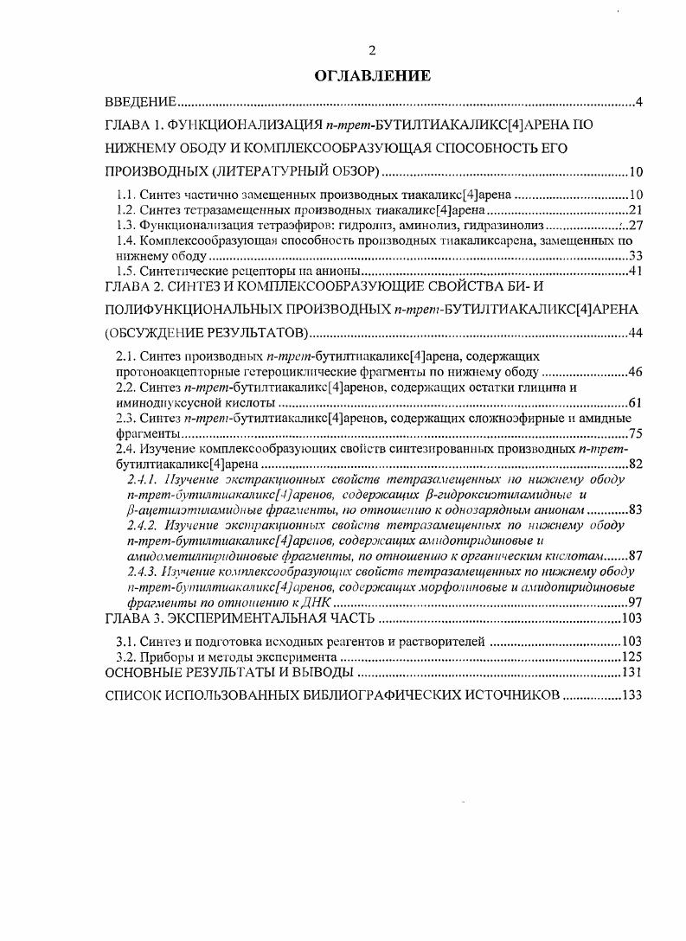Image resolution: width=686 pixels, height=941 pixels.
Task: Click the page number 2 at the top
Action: tap(371, 51)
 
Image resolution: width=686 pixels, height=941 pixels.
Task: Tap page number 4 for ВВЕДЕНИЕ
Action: tap(638, 103)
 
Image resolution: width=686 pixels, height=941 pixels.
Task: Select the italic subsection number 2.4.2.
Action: tap(143, 525)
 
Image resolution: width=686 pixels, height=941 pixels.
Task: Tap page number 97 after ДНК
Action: tap(634, 602)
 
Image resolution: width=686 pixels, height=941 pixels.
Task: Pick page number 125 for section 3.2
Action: tap(631, 656)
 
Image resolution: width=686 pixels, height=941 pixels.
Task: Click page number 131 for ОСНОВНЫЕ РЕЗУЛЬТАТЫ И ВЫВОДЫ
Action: tap(631, 672)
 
